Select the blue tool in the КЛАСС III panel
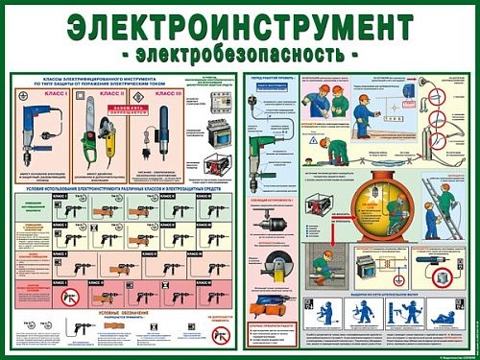click(157, 134)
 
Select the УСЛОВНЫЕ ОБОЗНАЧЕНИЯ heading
click(116, 314)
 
